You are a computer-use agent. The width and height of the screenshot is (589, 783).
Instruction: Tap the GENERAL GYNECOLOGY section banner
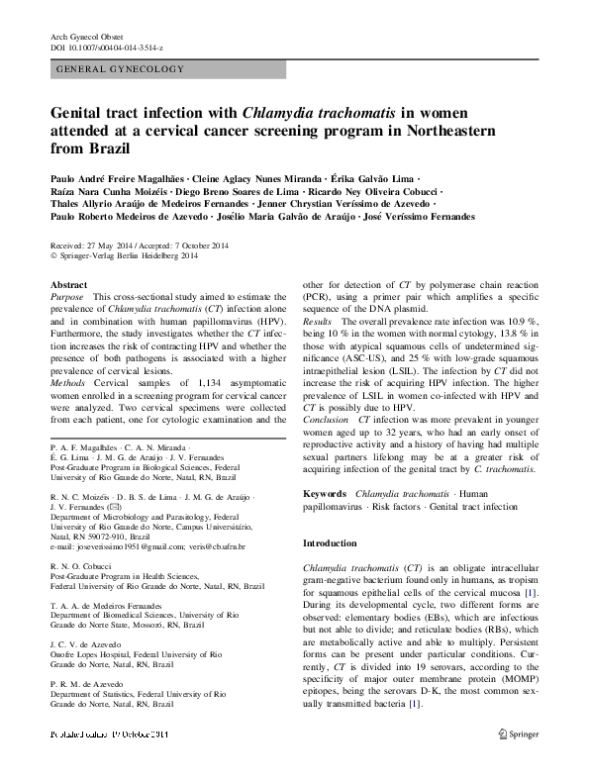[x=122, y=69]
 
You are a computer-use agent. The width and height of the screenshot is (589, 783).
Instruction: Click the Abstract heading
[x=68, y=285]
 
